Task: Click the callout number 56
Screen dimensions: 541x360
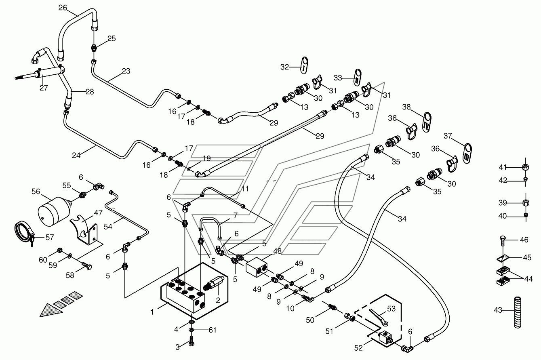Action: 36,192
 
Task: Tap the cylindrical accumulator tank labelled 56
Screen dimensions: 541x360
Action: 54,211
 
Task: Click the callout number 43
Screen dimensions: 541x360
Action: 498,310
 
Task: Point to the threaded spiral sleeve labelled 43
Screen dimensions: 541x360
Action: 517,312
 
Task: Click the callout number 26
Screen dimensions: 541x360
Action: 63,8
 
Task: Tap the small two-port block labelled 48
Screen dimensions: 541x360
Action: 257,267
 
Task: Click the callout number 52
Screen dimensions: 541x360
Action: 358,348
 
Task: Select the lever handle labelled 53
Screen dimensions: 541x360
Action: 379,317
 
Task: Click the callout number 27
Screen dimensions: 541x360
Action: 44,88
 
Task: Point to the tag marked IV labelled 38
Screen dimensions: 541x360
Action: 427,122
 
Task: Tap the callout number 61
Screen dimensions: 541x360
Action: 212,330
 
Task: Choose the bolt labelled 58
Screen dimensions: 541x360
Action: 87,266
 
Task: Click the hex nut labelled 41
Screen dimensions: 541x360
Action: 526,167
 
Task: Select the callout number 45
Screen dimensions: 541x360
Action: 527,258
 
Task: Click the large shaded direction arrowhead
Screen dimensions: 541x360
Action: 51,311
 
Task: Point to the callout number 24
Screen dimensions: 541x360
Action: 76,155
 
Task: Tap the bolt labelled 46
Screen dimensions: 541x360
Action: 502,241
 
